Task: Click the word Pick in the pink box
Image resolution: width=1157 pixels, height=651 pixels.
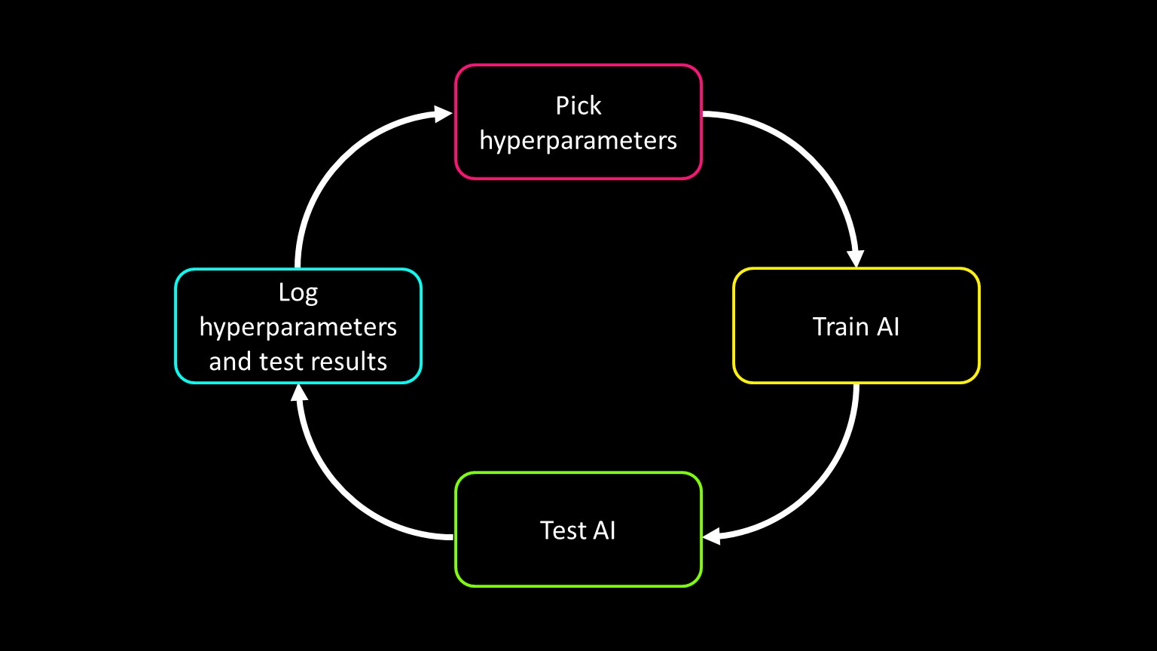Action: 578,106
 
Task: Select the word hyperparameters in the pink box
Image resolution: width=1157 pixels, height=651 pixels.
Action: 578,141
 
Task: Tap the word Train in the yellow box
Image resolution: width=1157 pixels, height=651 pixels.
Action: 838,326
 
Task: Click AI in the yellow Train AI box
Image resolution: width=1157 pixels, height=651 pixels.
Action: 888,326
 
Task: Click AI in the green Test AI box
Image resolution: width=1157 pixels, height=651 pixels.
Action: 604,530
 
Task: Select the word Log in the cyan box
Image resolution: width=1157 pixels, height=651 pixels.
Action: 298,293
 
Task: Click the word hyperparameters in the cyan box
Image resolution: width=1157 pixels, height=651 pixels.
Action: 298,328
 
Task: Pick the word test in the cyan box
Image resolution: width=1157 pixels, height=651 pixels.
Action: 285,362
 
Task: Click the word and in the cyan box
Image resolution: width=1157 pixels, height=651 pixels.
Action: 230,362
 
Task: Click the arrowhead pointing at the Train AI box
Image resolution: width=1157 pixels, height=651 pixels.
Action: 856,258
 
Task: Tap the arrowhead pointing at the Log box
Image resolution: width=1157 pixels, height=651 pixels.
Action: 298,393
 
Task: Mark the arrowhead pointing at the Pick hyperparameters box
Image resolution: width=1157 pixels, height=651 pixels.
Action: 443,115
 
